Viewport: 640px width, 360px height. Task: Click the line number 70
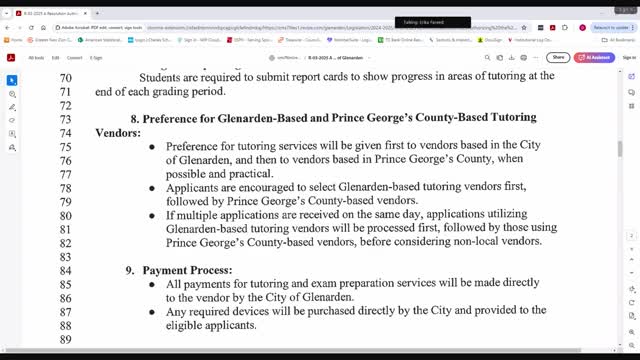[x=66, y=78]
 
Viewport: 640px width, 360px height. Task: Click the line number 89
[x=66, y=340]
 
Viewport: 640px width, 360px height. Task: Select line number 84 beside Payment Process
[x=66, y=270]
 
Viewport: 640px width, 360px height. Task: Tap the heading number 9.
[x=130, y=270]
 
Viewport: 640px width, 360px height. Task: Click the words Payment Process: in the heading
[x=187, y=270]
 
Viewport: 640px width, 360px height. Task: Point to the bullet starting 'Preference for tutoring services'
[x=152, y=146]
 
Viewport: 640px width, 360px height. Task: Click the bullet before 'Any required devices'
[x=152, y=311]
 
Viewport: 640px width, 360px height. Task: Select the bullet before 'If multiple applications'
[x=152, y=215]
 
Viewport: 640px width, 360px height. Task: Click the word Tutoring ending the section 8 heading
[x=505, y=118]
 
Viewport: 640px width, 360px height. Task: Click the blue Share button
[x=558, y=58]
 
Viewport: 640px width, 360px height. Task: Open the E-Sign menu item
[x=96, y=58]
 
